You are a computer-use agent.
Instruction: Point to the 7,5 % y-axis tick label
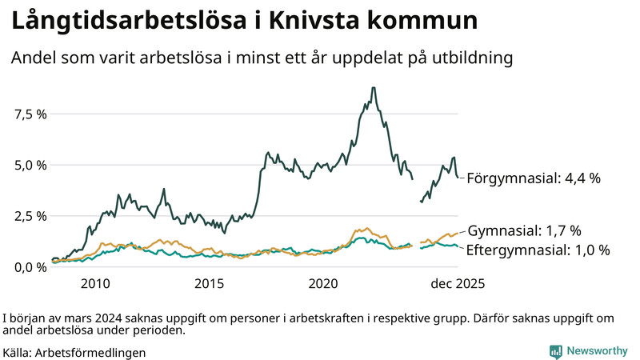click(x=30, y=114)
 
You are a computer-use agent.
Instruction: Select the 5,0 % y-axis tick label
click(x=30, y=165)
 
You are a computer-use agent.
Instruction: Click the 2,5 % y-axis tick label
click(x=30, y=216)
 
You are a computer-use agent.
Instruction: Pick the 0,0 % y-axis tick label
click(x=30, y=267)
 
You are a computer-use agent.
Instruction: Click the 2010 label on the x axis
click(x=94, y=284)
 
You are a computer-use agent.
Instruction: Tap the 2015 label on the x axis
click(x=209, y=284)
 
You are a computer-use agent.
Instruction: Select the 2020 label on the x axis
click(x=324, y=284)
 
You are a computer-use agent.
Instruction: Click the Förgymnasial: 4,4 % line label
click(x=533, y=178)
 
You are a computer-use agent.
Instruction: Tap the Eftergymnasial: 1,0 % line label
click(x=538, y=250)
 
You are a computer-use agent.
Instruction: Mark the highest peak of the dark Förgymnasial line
click(x=373, y=88)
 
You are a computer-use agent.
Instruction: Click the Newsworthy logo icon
click(x=555, y=351)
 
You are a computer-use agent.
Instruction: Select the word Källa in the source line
click(x=18, y=352)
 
